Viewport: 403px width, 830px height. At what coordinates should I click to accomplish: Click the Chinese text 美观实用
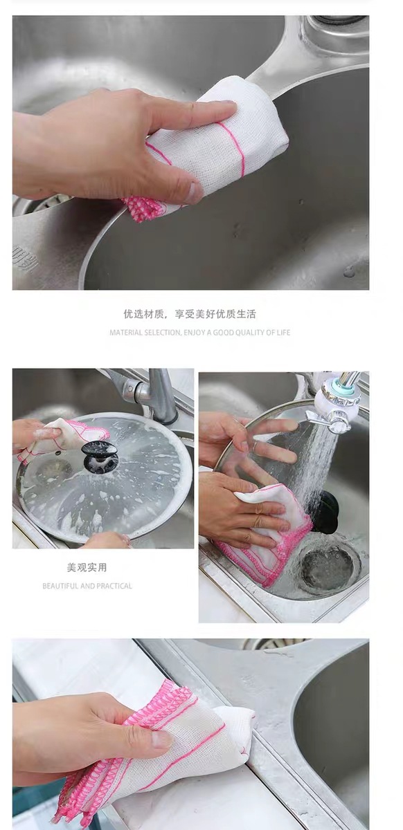pyautogui.click(x=87, y=567)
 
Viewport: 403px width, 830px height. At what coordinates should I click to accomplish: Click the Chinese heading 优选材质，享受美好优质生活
pyautogui.click(x=190, y=314)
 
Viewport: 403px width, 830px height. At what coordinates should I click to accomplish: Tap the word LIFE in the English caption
pyautogui.click(x=283, y=333)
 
